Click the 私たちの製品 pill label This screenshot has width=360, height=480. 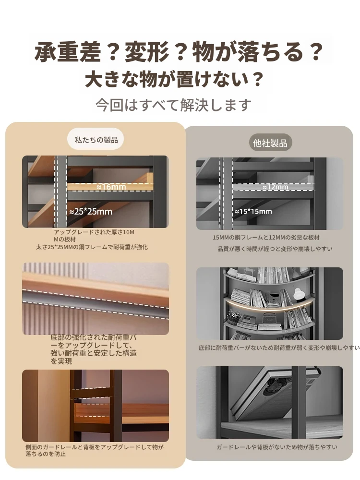coord(96,140)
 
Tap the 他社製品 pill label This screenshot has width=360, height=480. coord(270,143)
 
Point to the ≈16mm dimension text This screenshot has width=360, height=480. coord(111,187)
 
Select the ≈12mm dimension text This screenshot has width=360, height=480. coord(275,187)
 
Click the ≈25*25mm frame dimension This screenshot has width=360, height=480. coord(91,212)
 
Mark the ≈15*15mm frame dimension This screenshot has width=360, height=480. coord(253,212)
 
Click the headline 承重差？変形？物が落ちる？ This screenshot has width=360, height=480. coord(179,52)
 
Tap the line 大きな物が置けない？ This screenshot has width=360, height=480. coord(174,79)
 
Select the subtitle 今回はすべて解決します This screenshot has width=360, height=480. coord(173,105)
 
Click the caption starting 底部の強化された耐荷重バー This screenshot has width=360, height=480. coord(94,349)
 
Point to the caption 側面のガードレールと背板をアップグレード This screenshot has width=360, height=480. coord(94,450)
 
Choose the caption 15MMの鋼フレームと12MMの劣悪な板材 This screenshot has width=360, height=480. coord(266,237)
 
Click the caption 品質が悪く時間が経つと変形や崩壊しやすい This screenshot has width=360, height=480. coord(275,249)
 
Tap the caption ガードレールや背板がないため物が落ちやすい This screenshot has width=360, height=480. coord(277,447)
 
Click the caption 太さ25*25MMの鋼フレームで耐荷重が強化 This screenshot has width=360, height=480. coord(92,247)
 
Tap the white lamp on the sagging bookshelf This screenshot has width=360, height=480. coord(299,294)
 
